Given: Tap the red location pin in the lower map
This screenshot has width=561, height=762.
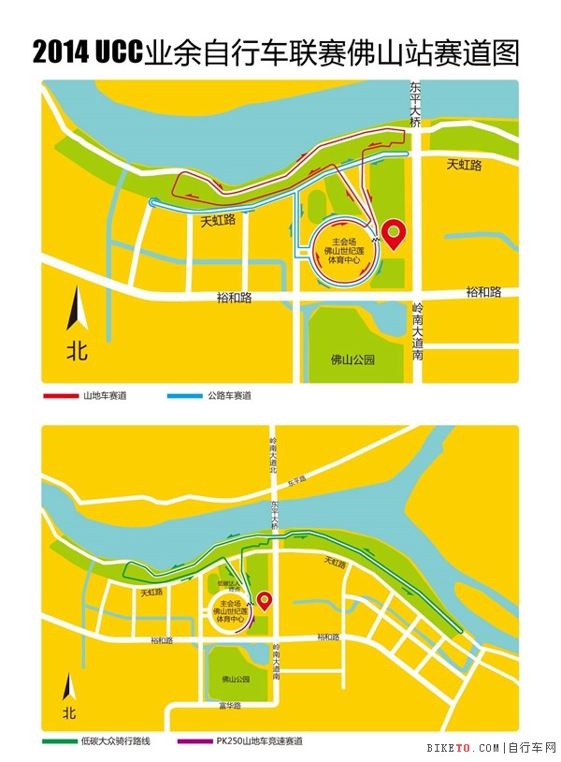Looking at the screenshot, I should [265, 599].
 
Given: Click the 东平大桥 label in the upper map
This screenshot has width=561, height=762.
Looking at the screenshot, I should [415, 103].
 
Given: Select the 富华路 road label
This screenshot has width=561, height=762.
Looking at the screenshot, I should [231, 705].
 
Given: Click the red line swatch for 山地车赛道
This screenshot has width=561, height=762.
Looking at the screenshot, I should [62, 396].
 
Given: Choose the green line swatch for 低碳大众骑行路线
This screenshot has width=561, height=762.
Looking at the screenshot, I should [62, 741].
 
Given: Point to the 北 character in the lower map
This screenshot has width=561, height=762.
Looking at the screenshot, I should [67, 713].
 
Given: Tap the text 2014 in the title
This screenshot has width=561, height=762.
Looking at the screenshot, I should [61, 53].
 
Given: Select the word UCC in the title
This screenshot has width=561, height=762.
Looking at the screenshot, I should [119, 53].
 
